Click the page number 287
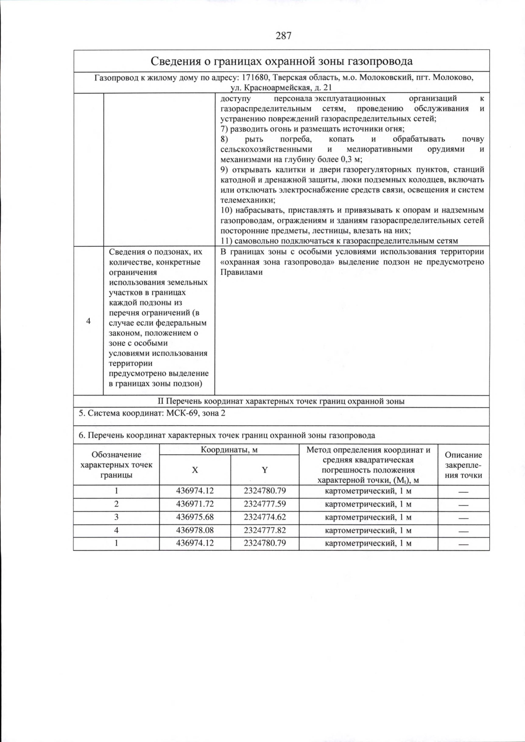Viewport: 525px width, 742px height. tap(283, 36)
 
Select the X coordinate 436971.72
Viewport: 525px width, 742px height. tap(195, 504)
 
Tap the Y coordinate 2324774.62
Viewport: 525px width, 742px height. tap(265, 517)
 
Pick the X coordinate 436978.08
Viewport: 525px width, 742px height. tap(195, 530)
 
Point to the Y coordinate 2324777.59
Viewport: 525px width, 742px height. tap(265, 504)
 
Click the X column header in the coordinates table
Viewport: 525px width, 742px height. tap(195, 470)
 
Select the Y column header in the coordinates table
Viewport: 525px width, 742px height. tap(265, 470)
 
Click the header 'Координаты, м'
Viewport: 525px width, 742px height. tap(229, 450)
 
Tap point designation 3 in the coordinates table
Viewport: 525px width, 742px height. tap(116, 517)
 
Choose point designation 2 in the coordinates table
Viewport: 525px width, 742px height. tap(116, 504)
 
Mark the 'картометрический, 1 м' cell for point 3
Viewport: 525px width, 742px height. tap(368, 517)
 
